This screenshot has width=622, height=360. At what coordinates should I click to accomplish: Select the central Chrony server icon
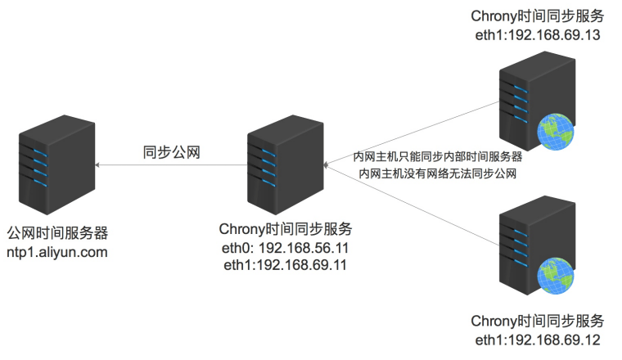click(284, 164)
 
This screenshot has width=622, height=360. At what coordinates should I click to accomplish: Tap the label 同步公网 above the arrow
click(172, 151)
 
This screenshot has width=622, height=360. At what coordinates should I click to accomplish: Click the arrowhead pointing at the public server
click(97, 165)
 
